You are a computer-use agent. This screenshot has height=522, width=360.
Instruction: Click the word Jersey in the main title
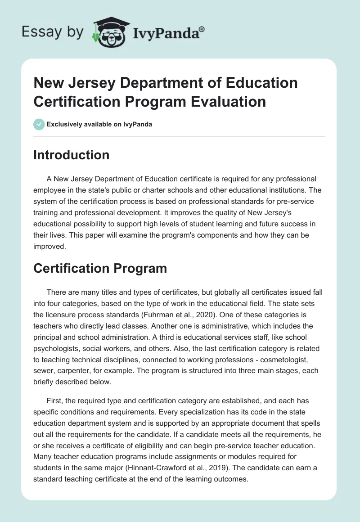[97, 83]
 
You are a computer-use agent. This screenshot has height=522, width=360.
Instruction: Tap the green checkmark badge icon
[39, 124]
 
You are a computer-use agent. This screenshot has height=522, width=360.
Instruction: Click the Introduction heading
[72, 155]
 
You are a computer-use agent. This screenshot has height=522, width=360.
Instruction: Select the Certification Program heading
[100, 269]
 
